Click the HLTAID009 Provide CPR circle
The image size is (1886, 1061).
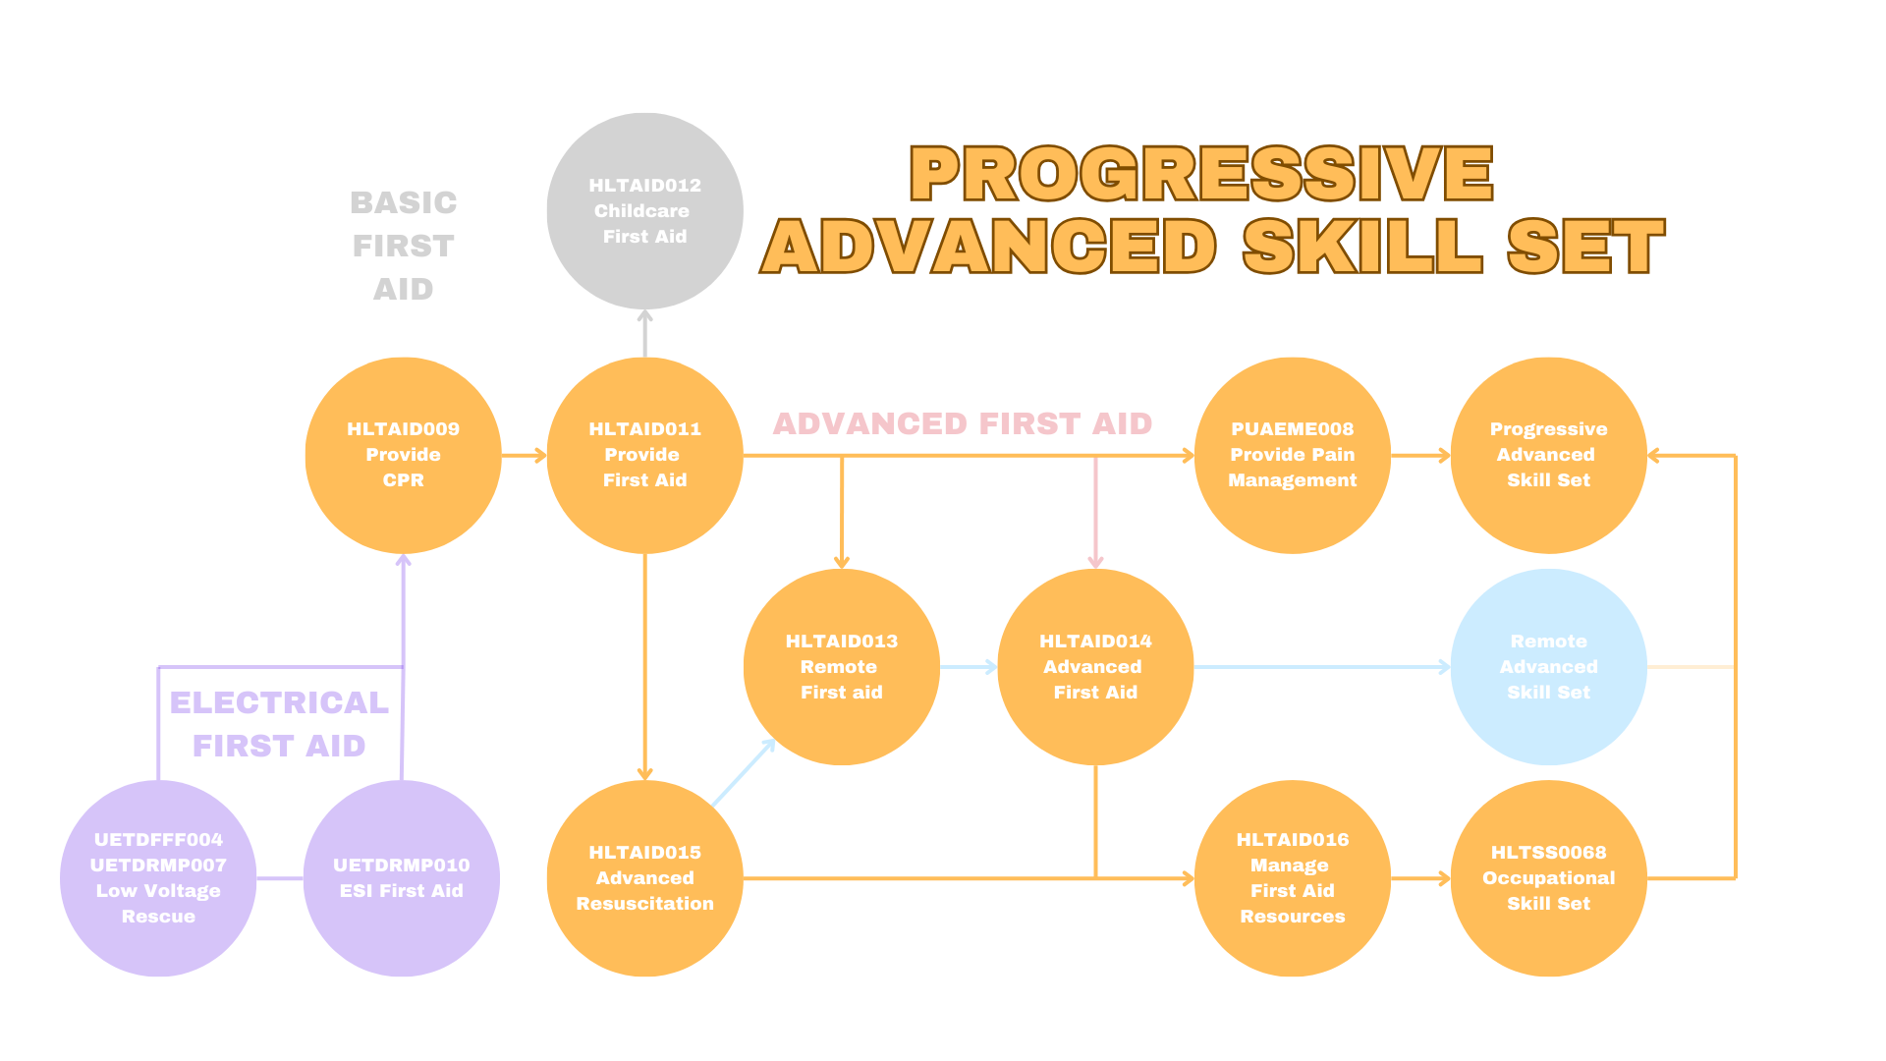tap(404, 455)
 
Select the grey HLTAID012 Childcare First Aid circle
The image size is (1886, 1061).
tap(644, 211)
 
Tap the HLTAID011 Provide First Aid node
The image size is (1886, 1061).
tap(644, 455)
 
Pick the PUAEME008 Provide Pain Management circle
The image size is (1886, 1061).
tap(1293, 455)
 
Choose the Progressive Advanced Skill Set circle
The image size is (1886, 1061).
tap(1548, 455)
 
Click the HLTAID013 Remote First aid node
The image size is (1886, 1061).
tap(842, 667)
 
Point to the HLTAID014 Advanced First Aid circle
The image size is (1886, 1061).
tap(1095, 667)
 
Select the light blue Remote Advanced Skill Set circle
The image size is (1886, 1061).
tap(1548, 667)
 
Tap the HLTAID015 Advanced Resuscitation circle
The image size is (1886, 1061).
tap(644, 878)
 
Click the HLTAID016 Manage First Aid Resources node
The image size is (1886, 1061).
tap(1293, 878)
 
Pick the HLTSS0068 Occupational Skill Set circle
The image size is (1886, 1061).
tap(1548, 878)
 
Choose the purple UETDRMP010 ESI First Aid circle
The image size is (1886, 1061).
tap(402, 878)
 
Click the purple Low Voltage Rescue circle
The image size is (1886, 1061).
tap(158, 878)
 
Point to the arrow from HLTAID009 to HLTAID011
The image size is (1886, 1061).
tap(524, 455)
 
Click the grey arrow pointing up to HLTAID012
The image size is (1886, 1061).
tap(644, 333)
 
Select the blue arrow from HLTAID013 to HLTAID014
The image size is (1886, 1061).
tap(969, 667)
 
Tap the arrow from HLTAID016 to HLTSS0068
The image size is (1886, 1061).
tap(1420, 878)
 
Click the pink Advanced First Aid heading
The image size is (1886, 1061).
tap(963, 423)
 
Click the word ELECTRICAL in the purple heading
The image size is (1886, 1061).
tap(280, 702)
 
